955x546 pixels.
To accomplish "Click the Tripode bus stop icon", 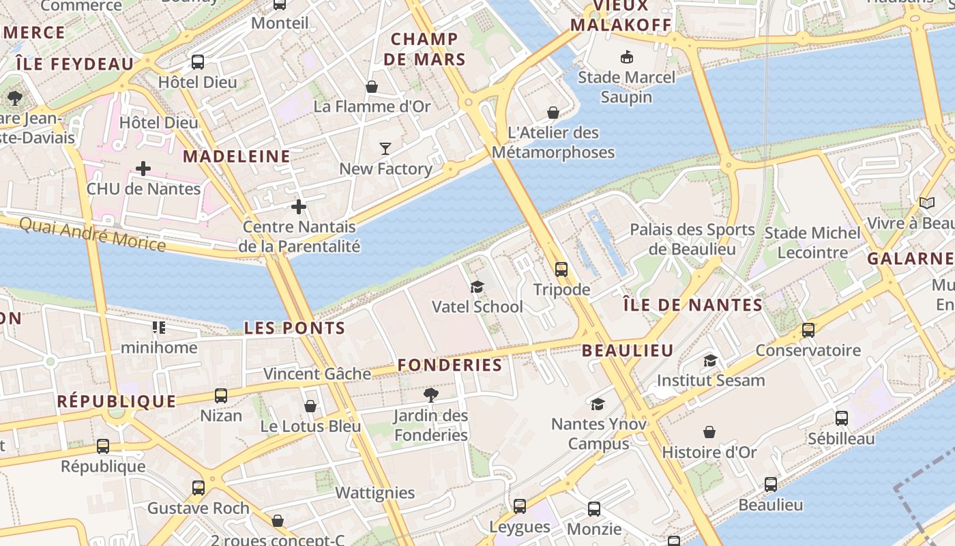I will (561, 270).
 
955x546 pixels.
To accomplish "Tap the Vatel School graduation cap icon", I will (477, 287).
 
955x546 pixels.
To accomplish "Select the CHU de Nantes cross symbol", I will (143, 168).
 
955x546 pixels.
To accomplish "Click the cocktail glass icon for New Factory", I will (385, 148).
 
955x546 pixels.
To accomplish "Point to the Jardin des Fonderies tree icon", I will (430, 394).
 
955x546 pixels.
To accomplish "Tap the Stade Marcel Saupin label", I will (626, 87).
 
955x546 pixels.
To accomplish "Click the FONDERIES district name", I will (450, 365).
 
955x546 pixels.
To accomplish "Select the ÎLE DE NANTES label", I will (693, 305).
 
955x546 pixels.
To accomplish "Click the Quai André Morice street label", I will (92, 234).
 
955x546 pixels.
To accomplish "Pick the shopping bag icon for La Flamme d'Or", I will (372, 87).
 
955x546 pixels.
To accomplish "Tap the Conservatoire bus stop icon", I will (808, 330).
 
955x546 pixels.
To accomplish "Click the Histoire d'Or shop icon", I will (709, 432).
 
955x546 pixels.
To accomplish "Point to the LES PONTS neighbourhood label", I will (295, 328).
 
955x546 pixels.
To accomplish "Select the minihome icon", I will (159, 328).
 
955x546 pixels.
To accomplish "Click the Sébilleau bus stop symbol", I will (842, 418).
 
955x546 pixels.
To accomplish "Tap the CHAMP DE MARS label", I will (424, 49).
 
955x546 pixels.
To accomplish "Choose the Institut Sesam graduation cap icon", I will (711, 360).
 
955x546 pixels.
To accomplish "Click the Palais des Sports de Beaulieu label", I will (692, 239).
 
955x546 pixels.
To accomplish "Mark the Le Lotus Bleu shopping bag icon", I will (310, 406).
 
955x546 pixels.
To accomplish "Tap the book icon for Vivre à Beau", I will (926, 203).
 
